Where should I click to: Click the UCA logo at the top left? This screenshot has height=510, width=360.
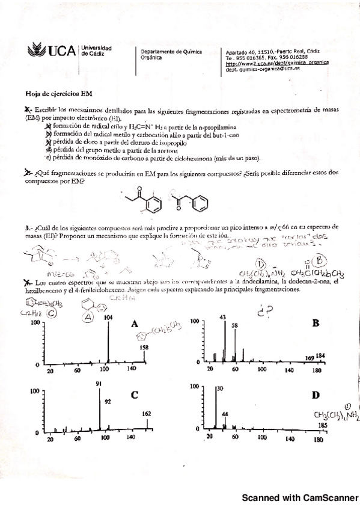pos(46,51)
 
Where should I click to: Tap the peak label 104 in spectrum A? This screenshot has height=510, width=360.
pos(108,317)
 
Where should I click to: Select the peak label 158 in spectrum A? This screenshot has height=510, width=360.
pos(144,348)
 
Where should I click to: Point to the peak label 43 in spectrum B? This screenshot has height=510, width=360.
pos(223,317)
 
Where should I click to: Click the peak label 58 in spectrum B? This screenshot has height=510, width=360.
pos(234,325)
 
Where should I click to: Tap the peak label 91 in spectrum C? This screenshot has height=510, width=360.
pos(99,384)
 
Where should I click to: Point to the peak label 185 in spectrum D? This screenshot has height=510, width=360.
pos(322,425)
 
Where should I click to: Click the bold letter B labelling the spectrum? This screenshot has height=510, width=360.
pos(315,324)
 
